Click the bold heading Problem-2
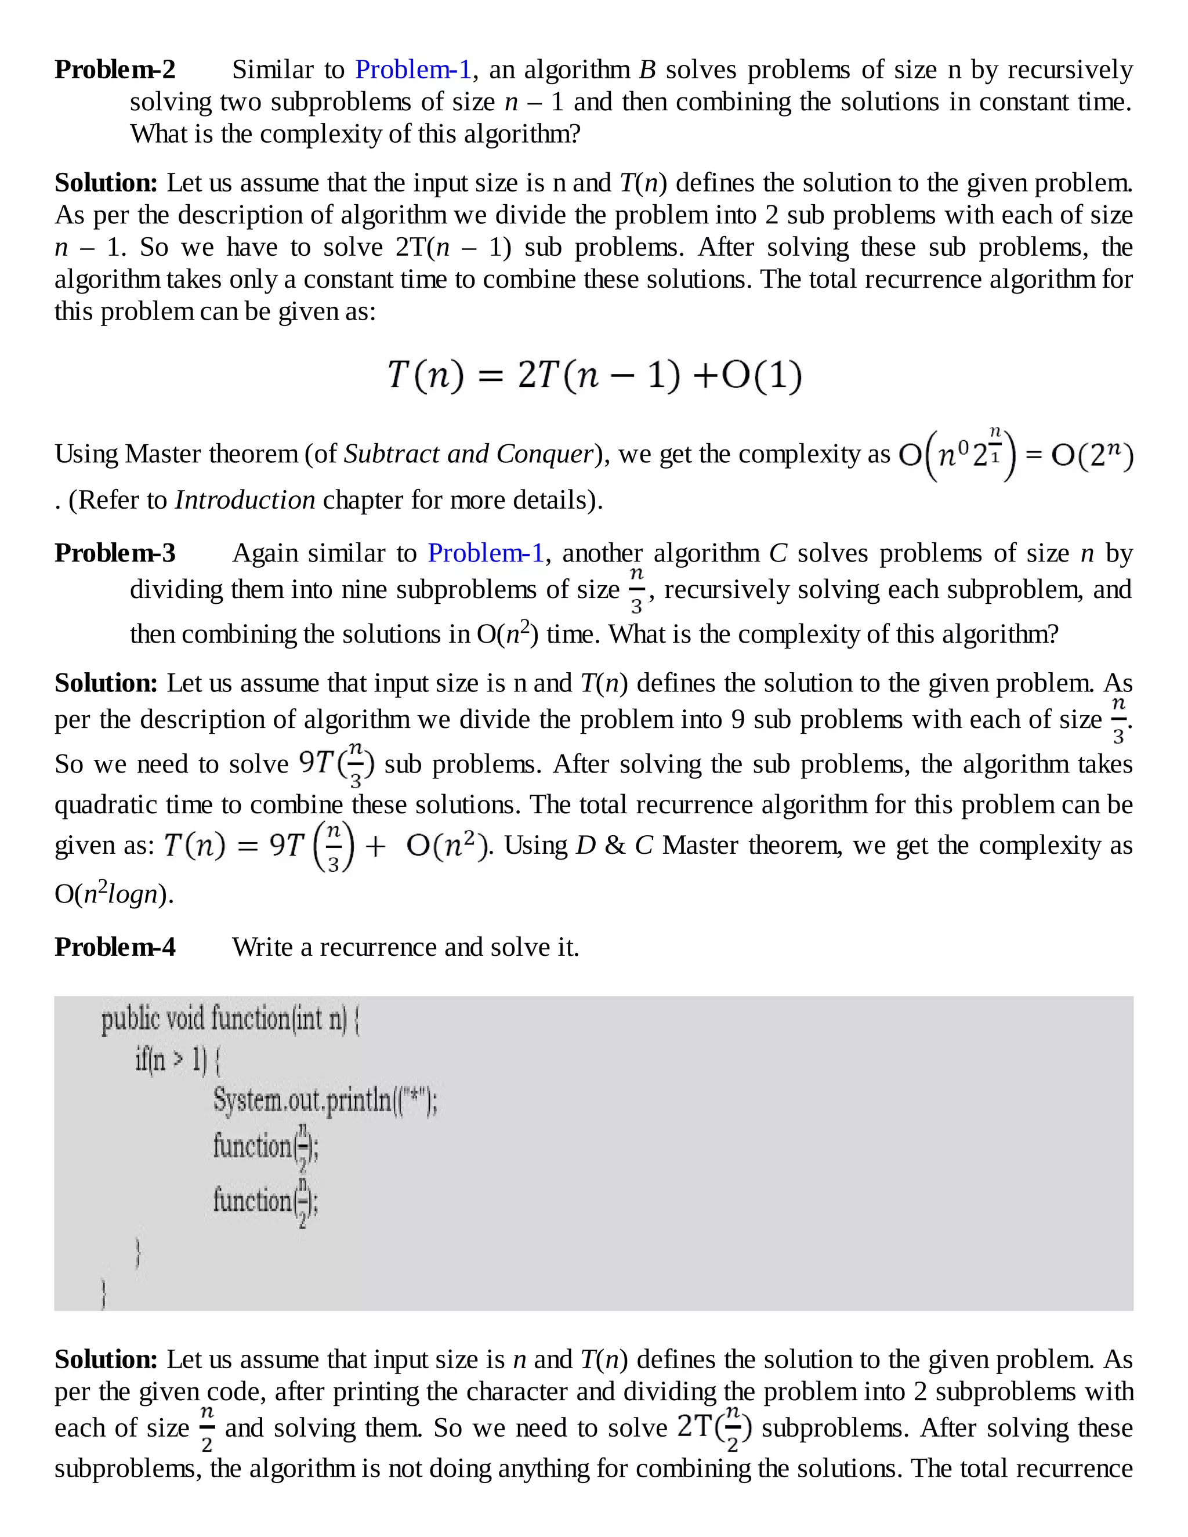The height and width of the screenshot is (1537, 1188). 115,70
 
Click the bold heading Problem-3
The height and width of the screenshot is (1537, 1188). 115,553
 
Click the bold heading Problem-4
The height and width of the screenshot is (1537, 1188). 115,947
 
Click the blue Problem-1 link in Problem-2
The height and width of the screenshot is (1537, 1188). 413,70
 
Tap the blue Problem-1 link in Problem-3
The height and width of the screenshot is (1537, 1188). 486,553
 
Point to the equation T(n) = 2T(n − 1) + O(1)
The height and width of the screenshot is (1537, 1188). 595,375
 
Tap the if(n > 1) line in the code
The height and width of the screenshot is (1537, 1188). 178,1060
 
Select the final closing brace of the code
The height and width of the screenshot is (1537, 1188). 104,1293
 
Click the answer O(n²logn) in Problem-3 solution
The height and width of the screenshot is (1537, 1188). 114,894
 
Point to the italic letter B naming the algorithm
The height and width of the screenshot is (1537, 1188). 647,70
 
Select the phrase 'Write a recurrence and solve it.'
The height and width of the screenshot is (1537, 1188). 405,947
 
